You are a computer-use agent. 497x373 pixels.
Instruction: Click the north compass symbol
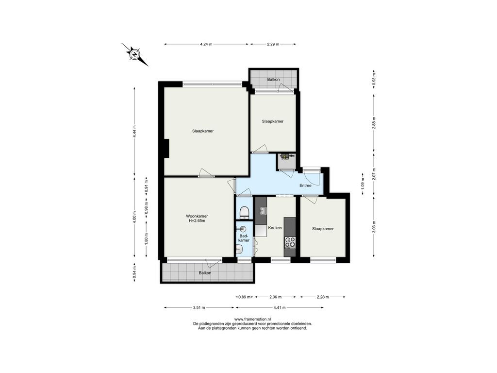tap(135, 54)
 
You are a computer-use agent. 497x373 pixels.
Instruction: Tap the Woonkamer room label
tap(197, 216)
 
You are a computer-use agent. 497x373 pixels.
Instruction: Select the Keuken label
tap(275, 228)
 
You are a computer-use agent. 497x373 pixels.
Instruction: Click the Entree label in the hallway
tap(306, 186)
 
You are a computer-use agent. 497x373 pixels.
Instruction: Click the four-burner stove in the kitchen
tap(290, 242)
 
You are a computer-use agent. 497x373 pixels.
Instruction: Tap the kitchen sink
tap(263, 211)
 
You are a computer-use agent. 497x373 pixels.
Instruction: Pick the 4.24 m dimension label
tap(206, 44)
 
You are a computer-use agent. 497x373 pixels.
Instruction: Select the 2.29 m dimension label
tap(273, 44)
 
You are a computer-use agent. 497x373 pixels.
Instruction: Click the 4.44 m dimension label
tap(134, 131)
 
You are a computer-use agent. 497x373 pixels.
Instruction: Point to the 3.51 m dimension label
tap(199, 307)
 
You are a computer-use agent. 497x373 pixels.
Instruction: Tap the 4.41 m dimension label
tap(280, 307)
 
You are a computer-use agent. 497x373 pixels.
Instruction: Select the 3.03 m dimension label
tap(374, 226)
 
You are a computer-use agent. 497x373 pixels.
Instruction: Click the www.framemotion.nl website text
tap(252, 319)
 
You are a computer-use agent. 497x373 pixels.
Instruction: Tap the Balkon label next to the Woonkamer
tap(205, 273)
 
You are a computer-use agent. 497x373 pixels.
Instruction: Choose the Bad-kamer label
tap(244, 238)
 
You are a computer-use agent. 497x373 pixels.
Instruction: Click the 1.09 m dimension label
tap(363, 184)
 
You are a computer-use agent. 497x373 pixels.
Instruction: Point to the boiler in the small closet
tap(285, 156)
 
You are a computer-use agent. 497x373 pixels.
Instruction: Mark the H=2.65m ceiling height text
tap(197, 221)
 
